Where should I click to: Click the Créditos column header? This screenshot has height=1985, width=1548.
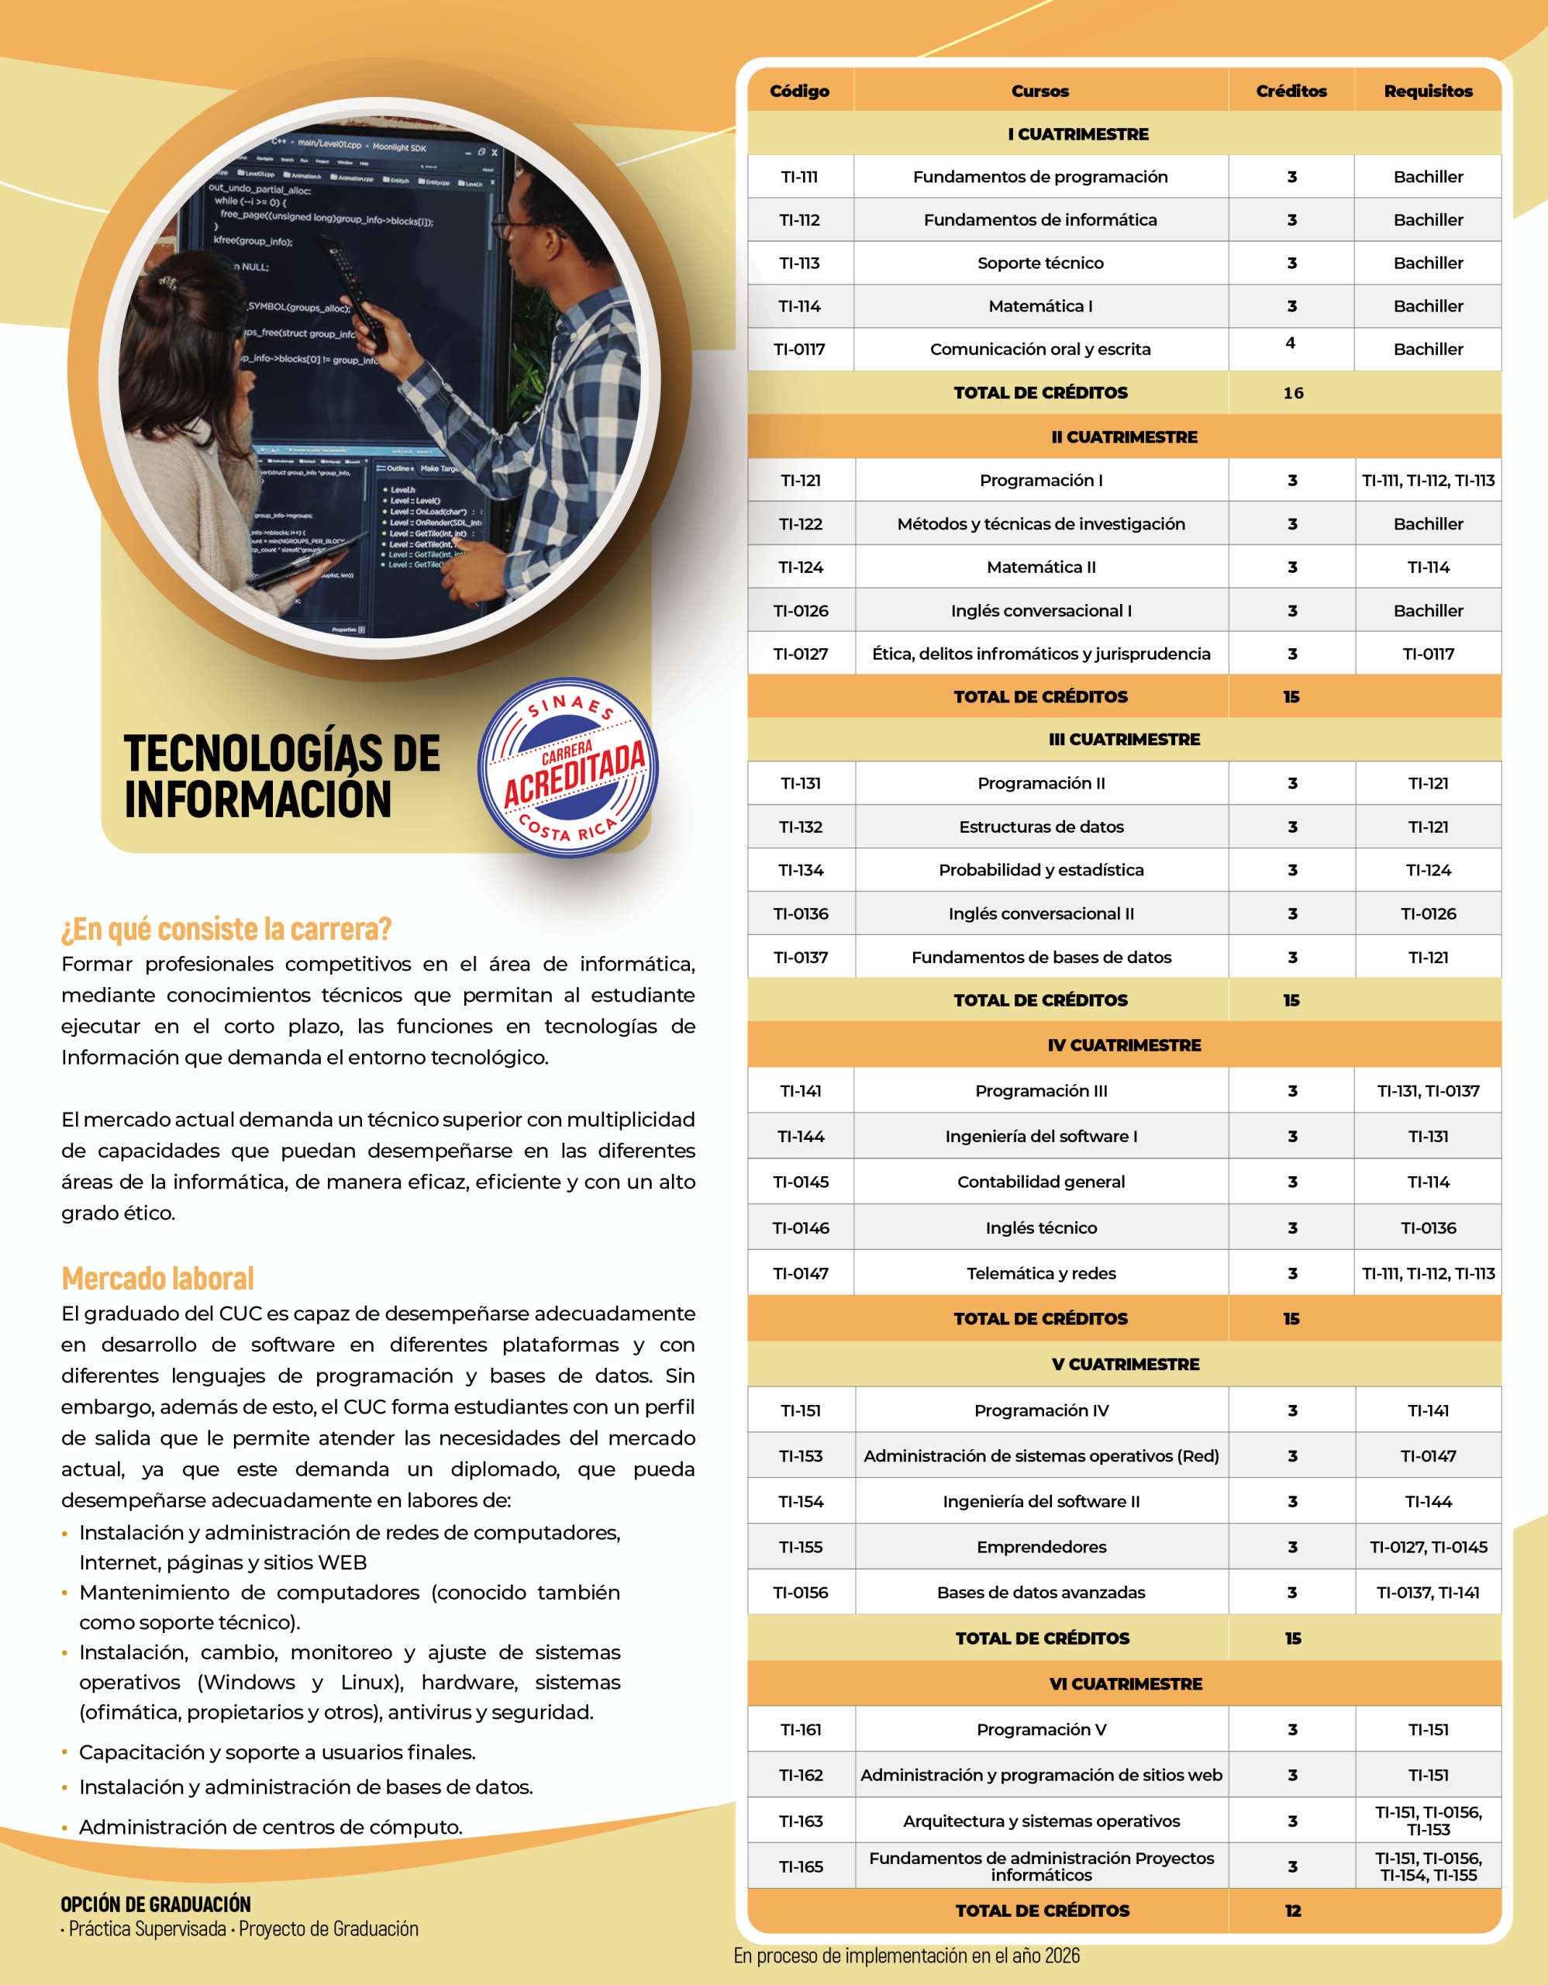point(1291,91)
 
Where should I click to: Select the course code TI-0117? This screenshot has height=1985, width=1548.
point(799,349)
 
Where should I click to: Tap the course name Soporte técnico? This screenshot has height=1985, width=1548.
point(1040,263)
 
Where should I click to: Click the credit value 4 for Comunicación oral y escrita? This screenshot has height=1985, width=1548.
point(1290,343)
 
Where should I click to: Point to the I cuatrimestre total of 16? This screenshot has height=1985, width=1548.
point(1293,392)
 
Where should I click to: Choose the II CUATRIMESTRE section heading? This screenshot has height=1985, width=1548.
point(1124,437)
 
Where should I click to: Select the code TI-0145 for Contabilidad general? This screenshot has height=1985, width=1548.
point(800,1182)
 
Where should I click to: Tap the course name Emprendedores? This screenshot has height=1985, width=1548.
point(1041,1547)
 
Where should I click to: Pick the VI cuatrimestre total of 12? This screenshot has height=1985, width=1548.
point(1293,1911)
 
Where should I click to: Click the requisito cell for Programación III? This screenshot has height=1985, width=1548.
point(1428,1091)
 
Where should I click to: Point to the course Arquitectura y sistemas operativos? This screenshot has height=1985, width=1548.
point(1041,1821)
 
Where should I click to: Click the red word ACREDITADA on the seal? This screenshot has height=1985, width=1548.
point(574,774)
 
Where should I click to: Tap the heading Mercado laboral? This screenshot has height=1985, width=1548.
point(158,1279)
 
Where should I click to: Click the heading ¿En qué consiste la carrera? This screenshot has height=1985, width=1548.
point(226,929)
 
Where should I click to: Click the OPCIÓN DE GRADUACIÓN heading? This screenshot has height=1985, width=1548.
point(155,1904)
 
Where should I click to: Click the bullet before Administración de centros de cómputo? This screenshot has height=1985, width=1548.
point(64,1828)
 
